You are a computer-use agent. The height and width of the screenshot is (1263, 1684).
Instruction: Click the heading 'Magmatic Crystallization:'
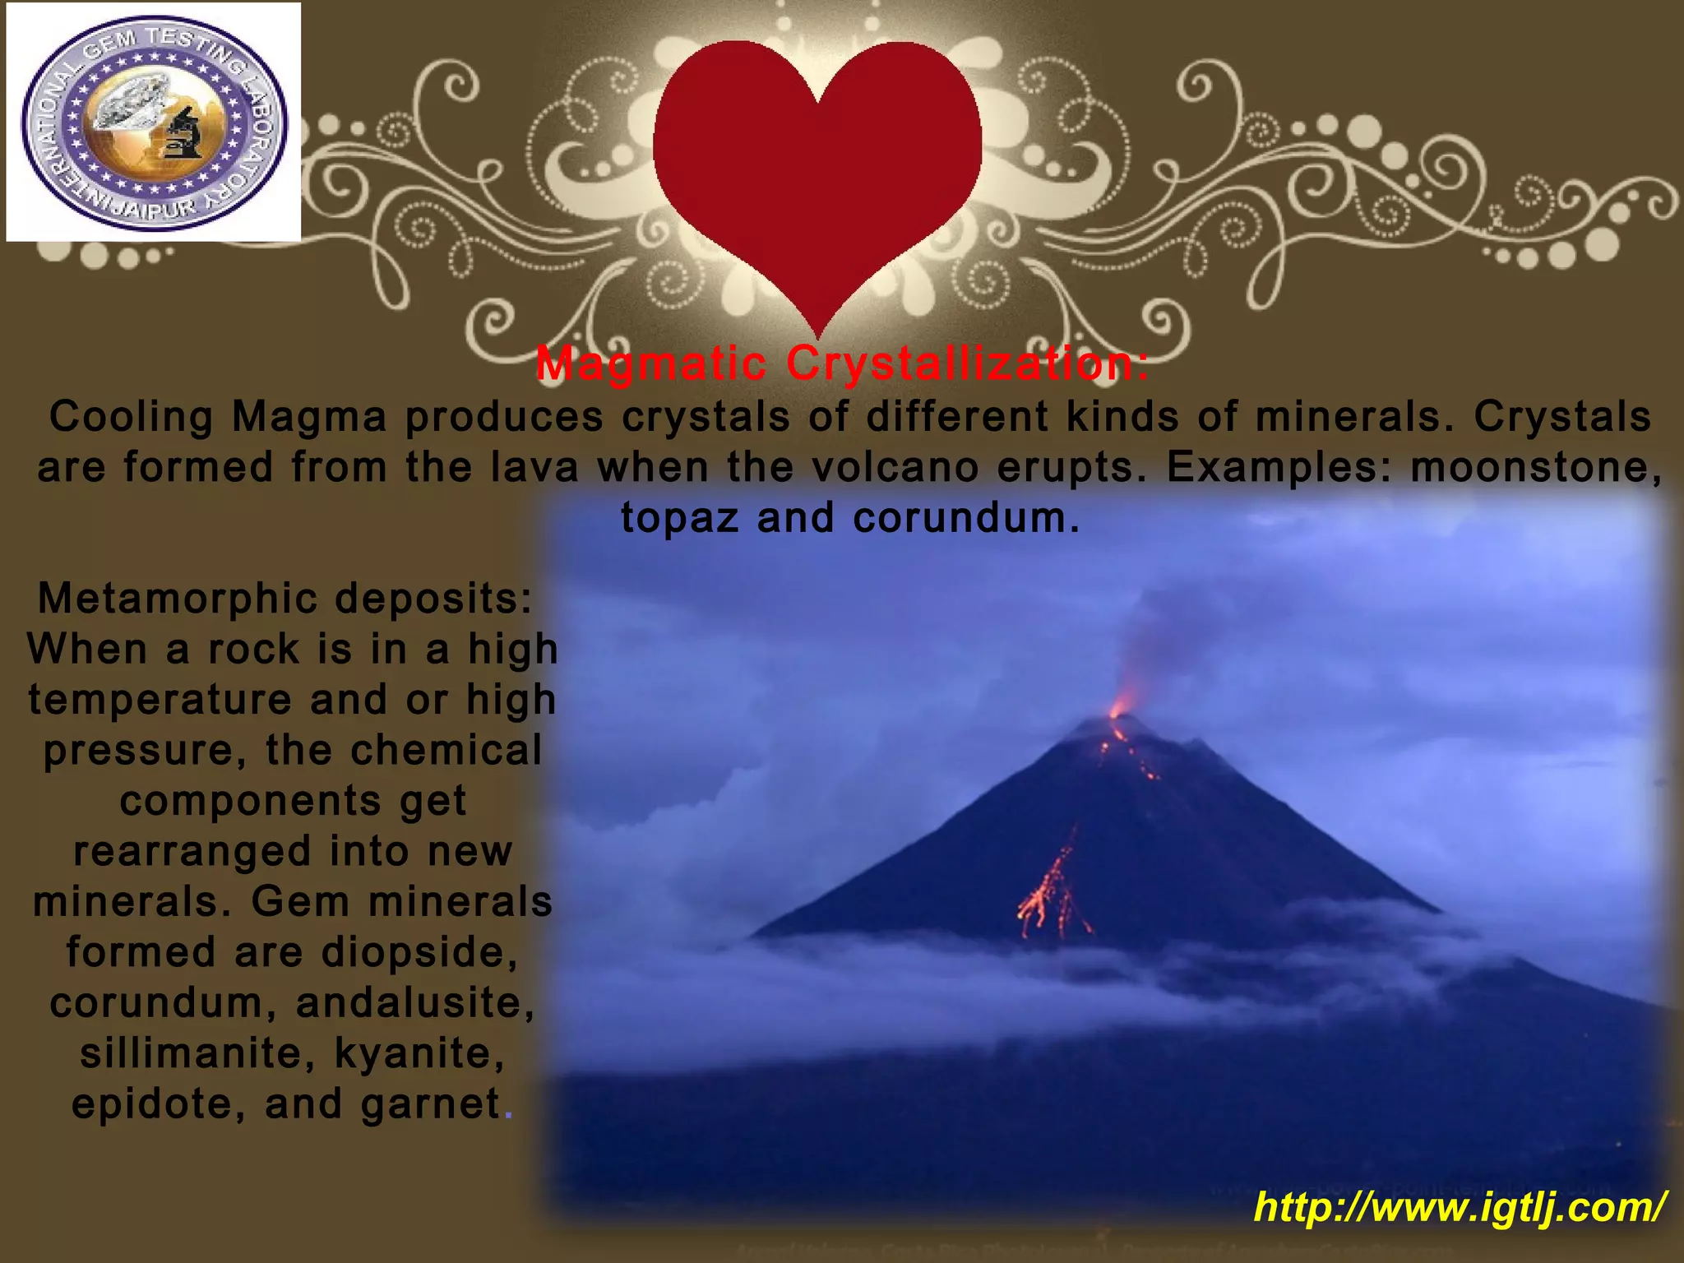pyautogui.click(x=842, y=363)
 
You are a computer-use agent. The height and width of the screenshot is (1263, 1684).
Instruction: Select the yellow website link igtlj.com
pyautogui.click(x=1460, y=1207)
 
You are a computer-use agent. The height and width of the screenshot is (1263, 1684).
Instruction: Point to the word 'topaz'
pyautogui.click(x=679, y=518)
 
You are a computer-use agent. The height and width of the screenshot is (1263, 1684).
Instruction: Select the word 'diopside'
pyautogui.click(x=419, y=952)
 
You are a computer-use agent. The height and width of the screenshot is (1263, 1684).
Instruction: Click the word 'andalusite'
pyautogui.click(x=415, y=1003)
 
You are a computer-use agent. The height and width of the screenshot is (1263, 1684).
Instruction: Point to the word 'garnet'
pyautogui.click(x=431, y=1103)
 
